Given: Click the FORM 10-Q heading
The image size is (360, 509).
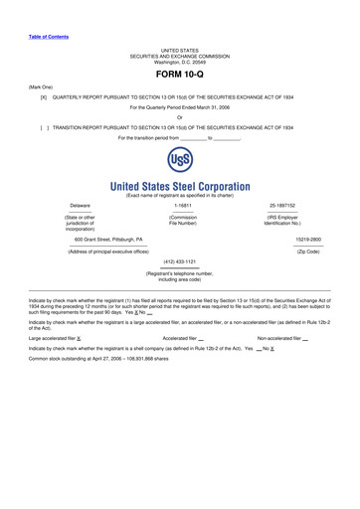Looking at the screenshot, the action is click(180, 74).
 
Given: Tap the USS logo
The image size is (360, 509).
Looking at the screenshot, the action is click(180, 161).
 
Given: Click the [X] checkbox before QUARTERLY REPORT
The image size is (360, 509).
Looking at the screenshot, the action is click(44, 97).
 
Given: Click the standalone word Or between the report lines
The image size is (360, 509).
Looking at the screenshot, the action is click(180, 117).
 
